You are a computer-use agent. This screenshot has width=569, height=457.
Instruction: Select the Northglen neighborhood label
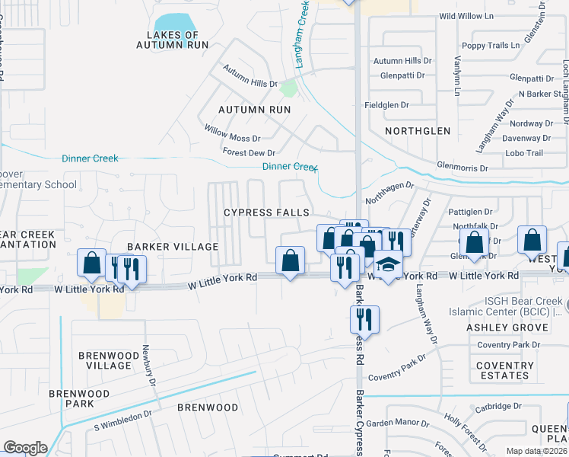[418, 131]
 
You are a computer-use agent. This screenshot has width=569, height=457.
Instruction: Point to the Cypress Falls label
[266, 213]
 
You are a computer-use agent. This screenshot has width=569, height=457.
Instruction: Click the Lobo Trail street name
[524, 153]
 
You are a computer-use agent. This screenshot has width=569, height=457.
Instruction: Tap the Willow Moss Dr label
[232, 139]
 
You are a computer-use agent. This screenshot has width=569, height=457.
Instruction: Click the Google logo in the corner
[25, 448]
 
